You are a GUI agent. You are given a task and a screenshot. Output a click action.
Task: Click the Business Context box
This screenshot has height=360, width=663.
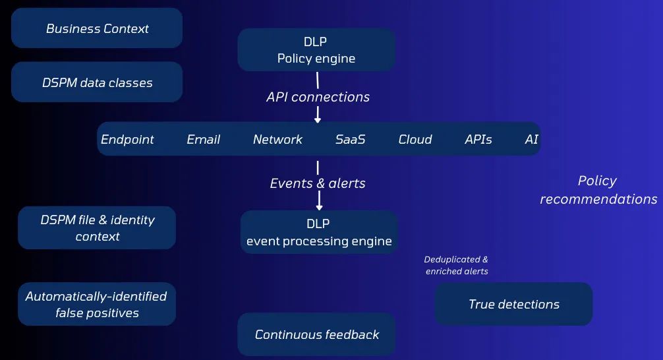(x=97, y=28)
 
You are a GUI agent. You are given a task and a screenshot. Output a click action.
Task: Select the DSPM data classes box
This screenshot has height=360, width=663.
(x=97, y=82)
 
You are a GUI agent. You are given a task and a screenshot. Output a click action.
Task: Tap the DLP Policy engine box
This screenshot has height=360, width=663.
(x=316, y=50)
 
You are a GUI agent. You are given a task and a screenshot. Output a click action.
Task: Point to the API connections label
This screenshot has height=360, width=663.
(x=318, y=97)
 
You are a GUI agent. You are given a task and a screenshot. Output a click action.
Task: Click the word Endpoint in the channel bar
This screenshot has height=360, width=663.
(x=127, y=139)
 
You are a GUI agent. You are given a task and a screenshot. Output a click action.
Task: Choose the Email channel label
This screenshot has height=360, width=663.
(x=204, y=139)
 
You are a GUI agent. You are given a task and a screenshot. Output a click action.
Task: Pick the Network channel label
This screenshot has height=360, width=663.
(x=278, y=139)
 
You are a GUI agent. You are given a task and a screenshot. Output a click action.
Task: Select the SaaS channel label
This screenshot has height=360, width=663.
(x=350, y=139)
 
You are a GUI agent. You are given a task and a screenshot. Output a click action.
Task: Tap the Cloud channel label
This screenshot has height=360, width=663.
(x=415, y=139)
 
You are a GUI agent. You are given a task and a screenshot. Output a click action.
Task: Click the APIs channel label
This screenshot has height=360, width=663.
(x=478, y=139)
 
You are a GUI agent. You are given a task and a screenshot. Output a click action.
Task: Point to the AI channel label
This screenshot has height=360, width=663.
(x=531, y=139)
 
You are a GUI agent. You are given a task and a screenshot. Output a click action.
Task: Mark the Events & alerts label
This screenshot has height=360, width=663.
(x=318, y=183)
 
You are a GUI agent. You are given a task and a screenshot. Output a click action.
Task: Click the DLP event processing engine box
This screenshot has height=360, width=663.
(x=319, y=232)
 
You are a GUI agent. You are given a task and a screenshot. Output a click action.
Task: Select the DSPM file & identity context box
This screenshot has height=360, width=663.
(x=97, y=227)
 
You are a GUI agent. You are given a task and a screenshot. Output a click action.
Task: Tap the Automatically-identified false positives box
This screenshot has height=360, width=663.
(x=97, y=304)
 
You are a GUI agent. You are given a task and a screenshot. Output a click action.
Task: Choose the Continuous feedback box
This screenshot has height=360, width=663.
(x=317, y=334)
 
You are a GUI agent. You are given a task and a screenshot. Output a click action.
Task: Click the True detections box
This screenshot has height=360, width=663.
(x=514, y=304)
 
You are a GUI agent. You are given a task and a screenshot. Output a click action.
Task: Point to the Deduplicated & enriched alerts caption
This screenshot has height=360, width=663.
(x=456, y=265)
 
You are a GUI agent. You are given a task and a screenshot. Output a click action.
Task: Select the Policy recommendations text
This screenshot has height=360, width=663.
(x=598, y=190)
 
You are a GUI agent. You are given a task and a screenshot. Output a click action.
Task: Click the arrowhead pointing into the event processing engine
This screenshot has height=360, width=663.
(x=319, y=207)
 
